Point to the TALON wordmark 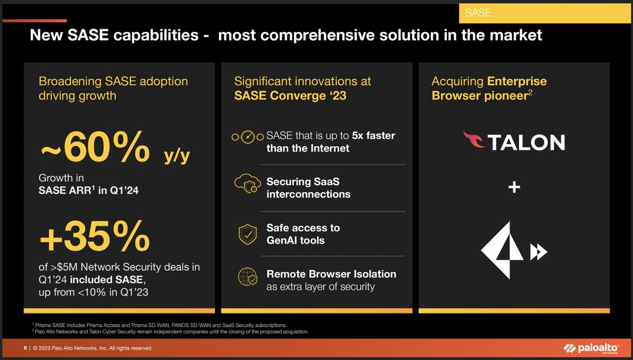[526, 142]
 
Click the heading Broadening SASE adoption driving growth [113, 88]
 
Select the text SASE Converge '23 [290, 96]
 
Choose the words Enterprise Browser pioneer [489, 89]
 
